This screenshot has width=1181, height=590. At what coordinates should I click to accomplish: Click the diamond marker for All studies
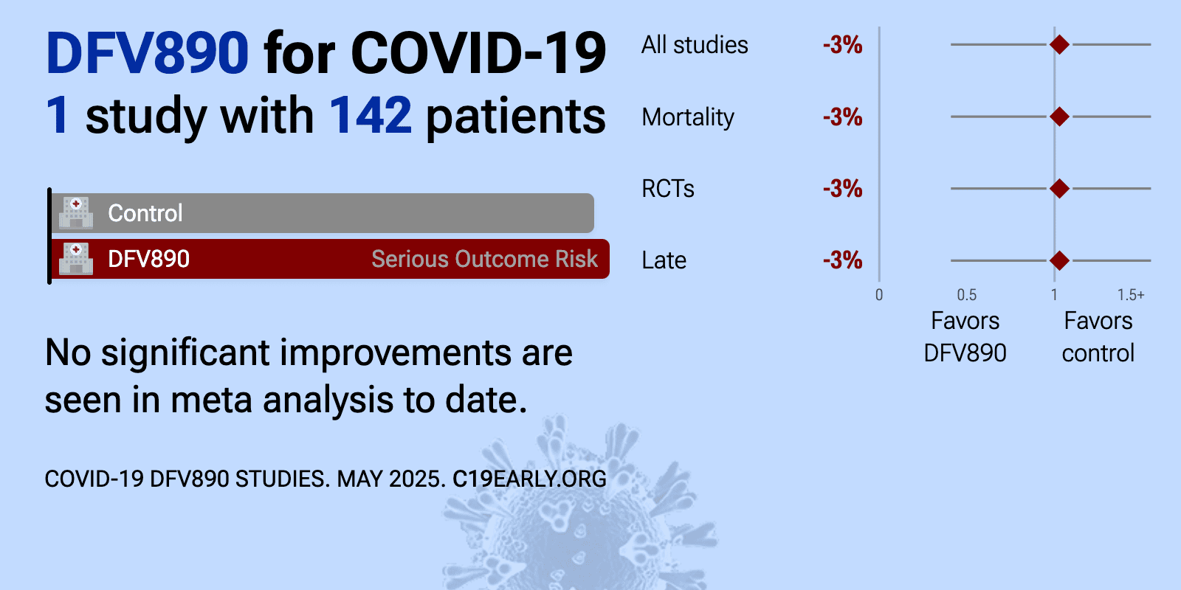1059,45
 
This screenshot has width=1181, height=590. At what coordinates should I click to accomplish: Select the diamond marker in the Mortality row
1059,117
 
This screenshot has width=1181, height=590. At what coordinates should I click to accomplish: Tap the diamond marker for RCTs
1059,189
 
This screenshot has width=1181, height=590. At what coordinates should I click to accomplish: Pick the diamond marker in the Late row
1059,260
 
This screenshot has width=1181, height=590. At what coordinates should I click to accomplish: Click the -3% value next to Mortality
842,117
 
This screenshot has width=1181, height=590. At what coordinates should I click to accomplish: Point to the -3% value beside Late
842,260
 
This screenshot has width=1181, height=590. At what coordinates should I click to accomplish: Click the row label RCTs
668,189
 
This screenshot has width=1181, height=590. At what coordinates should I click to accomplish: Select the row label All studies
695,45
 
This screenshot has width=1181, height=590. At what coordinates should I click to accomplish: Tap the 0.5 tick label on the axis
966,295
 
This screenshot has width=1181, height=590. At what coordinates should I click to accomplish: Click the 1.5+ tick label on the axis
1131,295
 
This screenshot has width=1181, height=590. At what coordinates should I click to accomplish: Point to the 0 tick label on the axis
879,295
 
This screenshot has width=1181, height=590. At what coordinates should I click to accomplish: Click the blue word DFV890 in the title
147,53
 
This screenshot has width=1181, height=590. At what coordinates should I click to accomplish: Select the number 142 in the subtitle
370,115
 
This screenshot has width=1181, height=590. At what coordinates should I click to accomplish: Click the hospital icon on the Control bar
76,213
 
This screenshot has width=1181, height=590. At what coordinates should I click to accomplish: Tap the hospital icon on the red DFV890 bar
76,259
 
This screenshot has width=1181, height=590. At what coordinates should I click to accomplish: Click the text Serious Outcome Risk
484,259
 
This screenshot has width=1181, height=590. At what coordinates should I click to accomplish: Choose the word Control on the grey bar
145,213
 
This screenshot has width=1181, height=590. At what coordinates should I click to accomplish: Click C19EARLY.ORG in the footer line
529,479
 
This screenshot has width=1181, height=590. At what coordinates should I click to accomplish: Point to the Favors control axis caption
1098,336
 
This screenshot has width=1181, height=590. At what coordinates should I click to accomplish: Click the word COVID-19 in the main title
478,53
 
